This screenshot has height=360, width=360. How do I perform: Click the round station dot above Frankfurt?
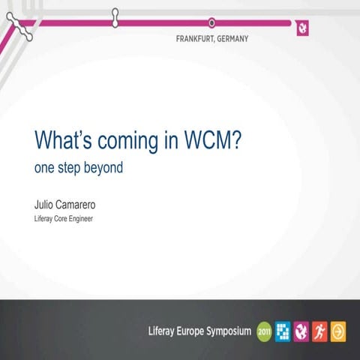tap(211, 22)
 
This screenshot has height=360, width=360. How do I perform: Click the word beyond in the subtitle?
tap(102, 168)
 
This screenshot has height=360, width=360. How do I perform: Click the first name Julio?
tap(46, 203)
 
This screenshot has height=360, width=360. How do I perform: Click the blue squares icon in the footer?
tap(283, 330)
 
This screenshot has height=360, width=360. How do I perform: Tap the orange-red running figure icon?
tap(320, 330)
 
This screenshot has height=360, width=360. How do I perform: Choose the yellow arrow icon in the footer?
tap(339, 330)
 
